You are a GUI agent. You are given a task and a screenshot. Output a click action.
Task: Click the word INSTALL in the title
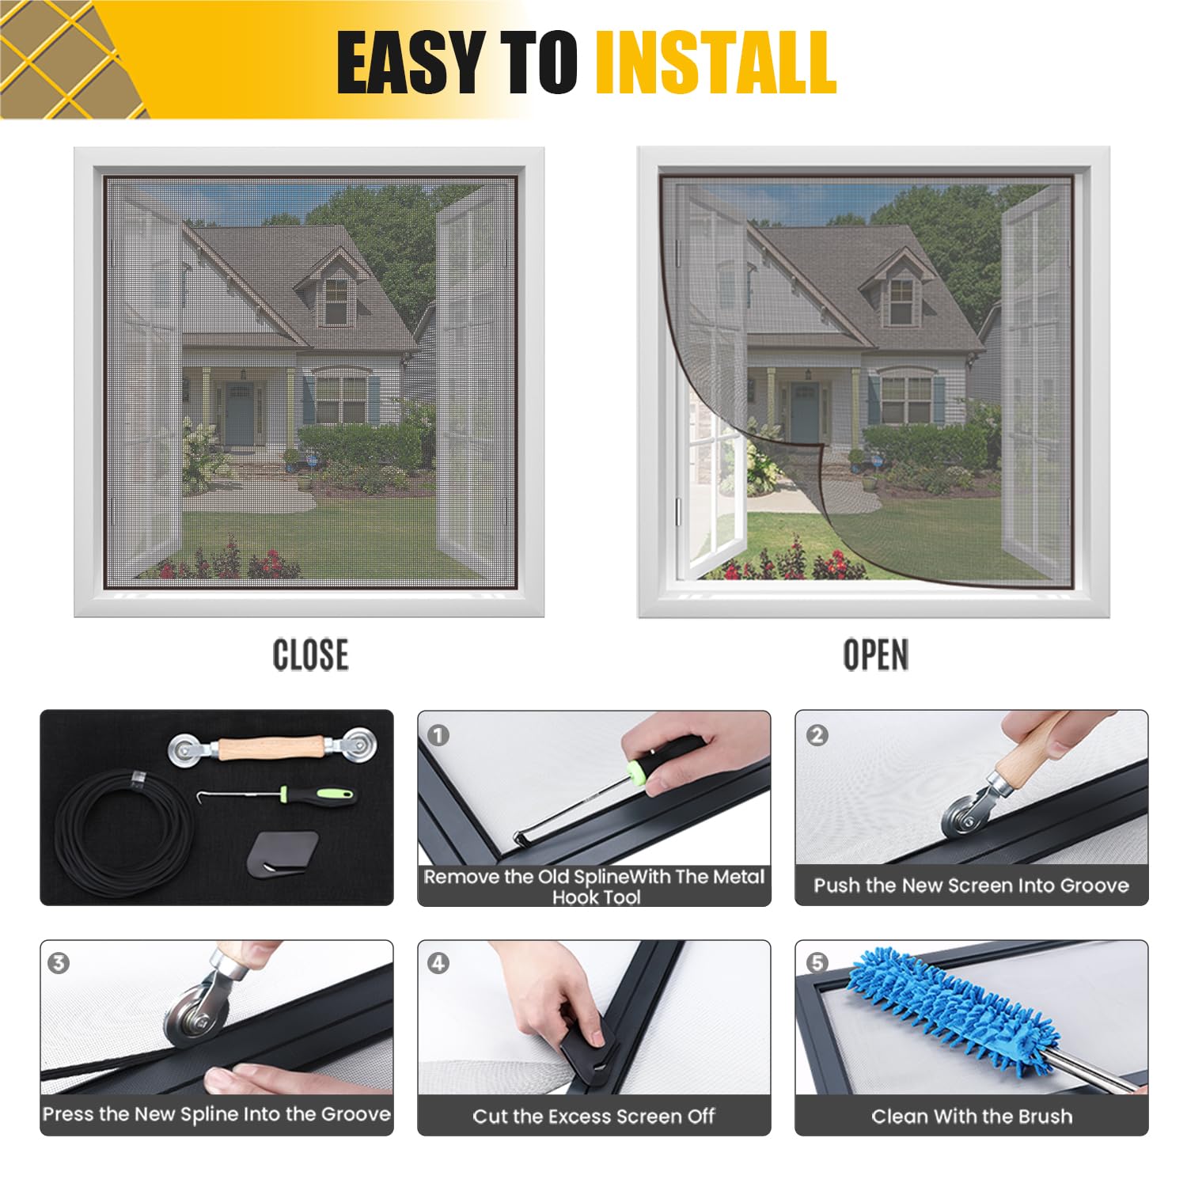[x=715, y=63]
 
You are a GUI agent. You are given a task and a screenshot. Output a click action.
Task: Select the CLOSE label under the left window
[x=310, y=655]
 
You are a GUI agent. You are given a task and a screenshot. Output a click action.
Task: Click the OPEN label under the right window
[x=875, y=655]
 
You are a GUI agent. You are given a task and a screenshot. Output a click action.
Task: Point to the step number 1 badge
[x=438, y=735]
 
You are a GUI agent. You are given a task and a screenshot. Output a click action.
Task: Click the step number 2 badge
[x=817, y=735]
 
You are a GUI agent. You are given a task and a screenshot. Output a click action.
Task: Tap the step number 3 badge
[x=59, y=963]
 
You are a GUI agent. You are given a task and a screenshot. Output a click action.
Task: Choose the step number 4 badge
[x=438, y=963]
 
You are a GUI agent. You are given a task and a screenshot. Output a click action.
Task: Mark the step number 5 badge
[x=817, y=963]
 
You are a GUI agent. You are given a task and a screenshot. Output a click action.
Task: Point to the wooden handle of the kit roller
[x=270, y=748]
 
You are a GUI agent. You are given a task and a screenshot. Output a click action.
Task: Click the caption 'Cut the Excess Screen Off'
[x=593, y=1116]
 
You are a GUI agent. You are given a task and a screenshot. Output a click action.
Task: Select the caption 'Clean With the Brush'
[x=972, y=1116]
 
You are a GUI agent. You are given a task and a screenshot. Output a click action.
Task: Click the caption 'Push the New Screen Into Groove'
[x=972, y=885]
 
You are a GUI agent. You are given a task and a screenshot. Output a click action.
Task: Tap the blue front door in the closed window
[x=240, y=414]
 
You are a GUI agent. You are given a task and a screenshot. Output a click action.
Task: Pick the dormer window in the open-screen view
[x=901, y=301]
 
